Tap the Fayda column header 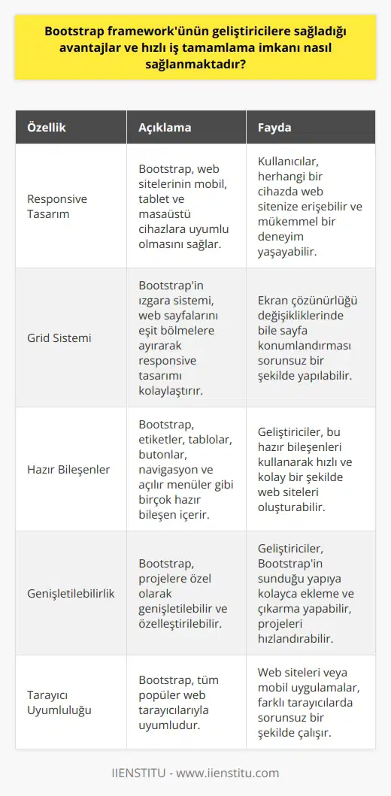point(274,128)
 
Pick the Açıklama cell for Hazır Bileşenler point(183,469)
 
